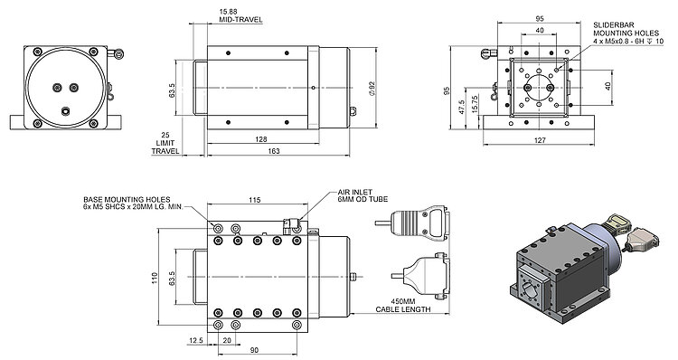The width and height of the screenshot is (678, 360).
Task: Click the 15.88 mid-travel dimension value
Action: [229, 12]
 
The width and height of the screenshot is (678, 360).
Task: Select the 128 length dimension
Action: [261, 139]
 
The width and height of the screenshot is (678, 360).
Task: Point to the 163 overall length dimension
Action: [274, 151]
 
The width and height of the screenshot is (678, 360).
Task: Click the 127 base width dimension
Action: [540, 140]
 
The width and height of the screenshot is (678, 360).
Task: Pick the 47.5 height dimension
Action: [461, 107]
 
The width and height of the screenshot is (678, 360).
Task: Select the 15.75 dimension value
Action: [476, 104]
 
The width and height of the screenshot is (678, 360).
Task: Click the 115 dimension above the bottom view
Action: [255, 200]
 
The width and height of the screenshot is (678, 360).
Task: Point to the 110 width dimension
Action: [155, 279]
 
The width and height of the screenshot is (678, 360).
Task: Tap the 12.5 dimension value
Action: [195, 341]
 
